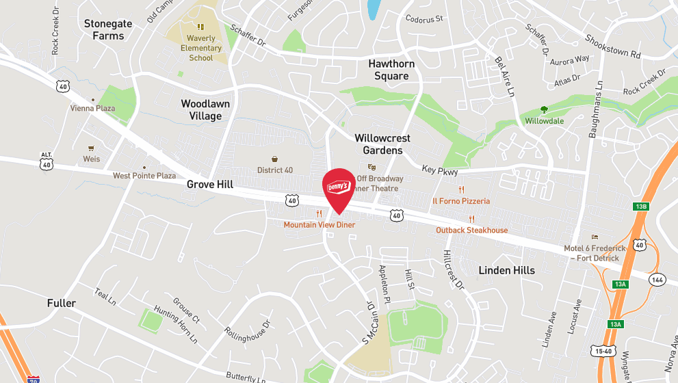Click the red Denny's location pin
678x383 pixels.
[338, 189]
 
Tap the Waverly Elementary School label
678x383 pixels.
[201, 48]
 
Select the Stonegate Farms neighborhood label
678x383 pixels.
[108, 29]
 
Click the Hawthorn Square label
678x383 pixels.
[391, 70]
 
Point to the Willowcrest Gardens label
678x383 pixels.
[382, 144]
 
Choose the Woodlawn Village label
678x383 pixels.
[205, 110]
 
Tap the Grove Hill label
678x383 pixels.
[210, 185]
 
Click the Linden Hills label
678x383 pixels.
[507, 270]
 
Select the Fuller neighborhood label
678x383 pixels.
[62, 303]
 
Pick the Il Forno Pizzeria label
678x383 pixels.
[461, 201]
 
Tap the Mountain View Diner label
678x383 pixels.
[320, 224]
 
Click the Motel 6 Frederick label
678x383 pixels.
[594, 252]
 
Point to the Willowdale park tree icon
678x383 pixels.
[545, 109]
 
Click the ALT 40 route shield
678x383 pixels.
[46, 161]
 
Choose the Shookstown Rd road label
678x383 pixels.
[612, 47]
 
